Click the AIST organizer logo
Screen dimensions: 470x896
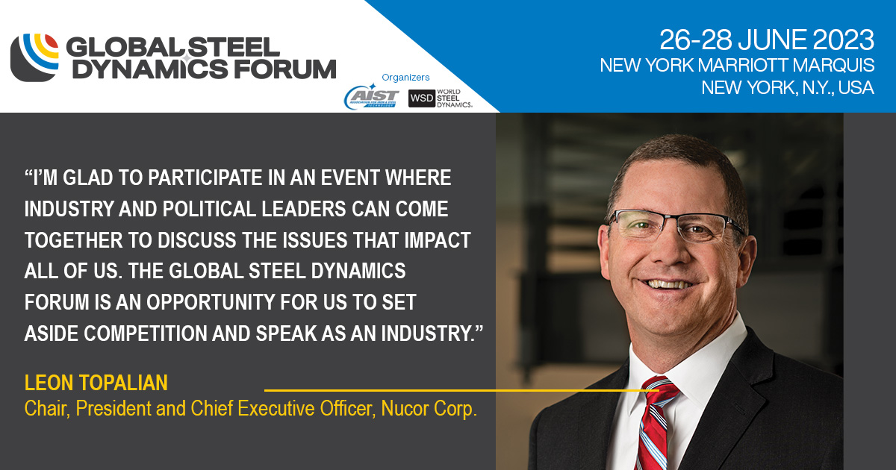371,98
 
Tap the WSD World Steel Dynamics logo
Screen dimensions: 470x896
441,98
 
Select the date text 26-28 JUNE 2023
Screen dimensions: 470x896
766,38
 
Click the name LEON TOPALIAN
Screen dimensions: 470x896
96,383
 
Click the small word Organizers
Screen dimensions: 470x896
405,77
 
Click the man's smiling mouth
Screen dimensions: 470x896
670,283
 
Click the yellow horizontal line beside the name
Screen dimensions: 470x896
448,389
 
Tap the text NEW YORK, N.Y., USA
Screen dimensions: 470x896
787,87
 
